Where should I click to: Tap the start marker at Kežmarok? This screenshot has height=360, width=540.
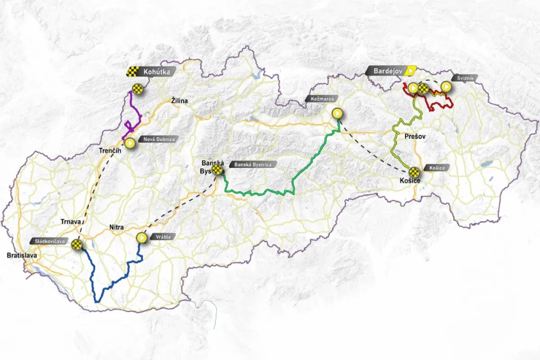click(x=337, y=113)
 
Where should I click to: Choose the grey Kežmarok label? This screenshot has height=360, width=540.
click(x=320, y=99)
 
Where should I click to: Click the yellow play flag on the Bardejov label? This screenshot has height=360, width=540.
click(x=411, y=71)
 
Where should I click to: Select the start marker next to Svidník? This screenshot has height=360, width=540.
click(x=445, y=86)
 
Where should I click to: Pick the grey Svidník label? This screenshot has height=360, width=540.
click(x=463, y=77)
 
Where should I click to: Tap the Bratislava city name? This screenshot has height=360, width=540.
click(x=22, y=256)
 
